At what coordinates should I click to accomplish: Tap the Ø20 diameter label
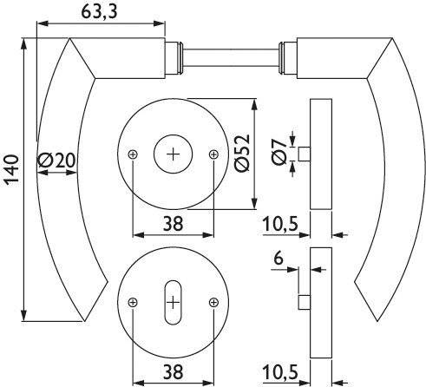point(56,161)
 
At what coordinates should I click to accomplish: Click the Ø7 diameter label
point(277,154)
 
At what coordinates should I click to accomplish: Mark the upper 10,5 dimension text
point(281,224)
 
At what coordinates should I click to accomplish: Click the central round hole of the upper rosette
point(173,154)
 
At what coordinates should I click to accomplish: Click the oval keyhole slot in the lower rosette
point(173,301)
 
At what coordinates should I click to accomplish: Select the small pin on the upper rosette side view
point(305,154)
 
